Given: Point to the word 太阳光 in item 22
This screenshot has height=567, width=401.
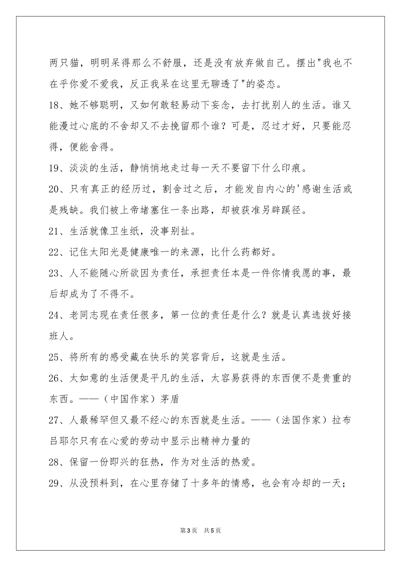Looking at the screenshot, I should click(100, 252).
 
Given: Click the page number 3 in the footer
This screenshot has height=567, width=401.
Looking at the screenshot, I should click(188, 530).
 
